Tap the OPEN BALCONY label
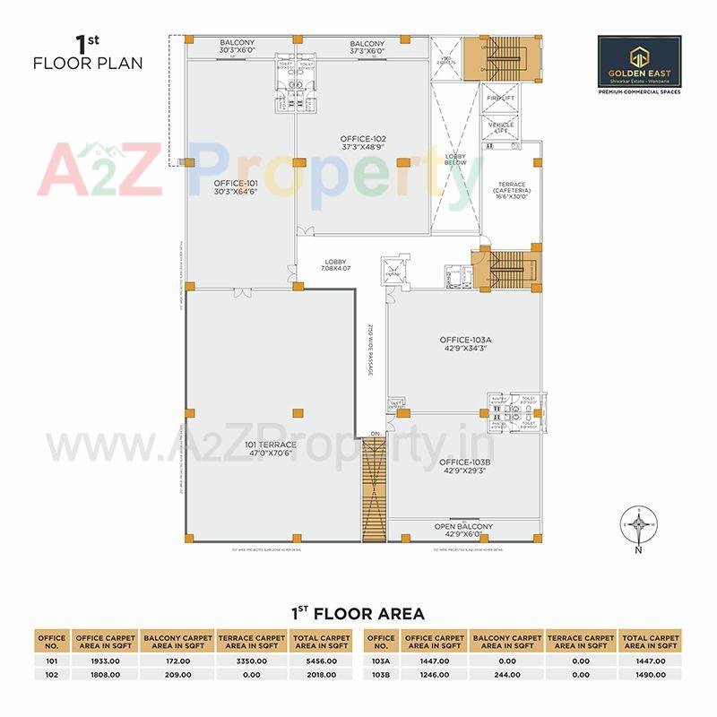pyautogui.click(x=463, y=530)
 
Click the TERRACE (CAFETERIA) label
pyautogui.click(x=512, y=190)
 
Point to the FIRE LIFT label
pyautogui.click(x=500, y=98)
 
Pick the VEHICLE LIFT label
pyautogui.click(x=500, y=128)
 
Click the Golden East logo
pyautogui.click(x=639, y=64)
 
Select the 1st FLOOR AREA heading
pyautogui.click(x=358, y=614)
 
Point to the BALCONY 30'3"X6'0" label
pyautogui.click(x=238, y=48)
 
